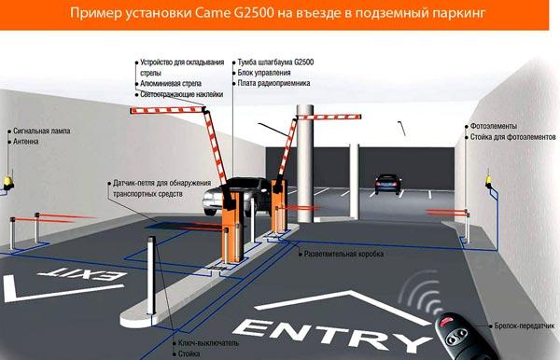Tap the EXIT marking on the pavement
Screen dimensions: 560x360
(82, 274)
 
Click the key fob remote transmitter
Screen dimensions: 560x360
(464, 337)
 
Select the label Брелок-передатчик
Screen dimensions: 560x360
(525, 325)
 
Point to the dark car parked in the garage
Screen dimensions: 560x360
(387, 184)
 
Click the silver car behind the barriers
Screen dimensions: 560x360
(236, 197)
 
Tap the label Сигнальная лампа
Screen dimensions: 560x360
(41, 131)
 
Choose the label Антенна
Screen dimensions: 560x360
(26, 142)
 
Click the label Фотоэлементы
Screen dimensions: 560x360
(493, 126)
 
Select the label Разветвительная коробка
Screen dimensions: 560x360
(343, 254)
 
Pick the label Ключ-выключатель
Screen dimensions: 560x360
(208, 343)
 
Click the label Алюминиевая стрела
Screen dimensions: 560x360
(171, 84)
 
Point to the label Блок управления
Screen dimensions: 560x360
(264, 73)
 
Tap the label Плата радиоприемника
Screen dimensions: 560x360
(273, 84)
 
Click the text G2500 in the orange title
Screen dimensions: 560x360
(254, 13)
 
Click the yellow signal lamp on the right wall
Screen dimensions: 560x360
(488, 181)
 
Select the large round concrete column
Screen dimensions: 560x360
(305, 163)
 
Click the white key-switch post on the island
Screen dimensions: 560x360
(151, 275)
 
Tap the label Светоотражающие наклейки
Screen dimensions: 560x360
(181, 94)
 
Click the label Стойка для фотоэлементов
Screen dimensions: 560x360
(512, 137)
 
